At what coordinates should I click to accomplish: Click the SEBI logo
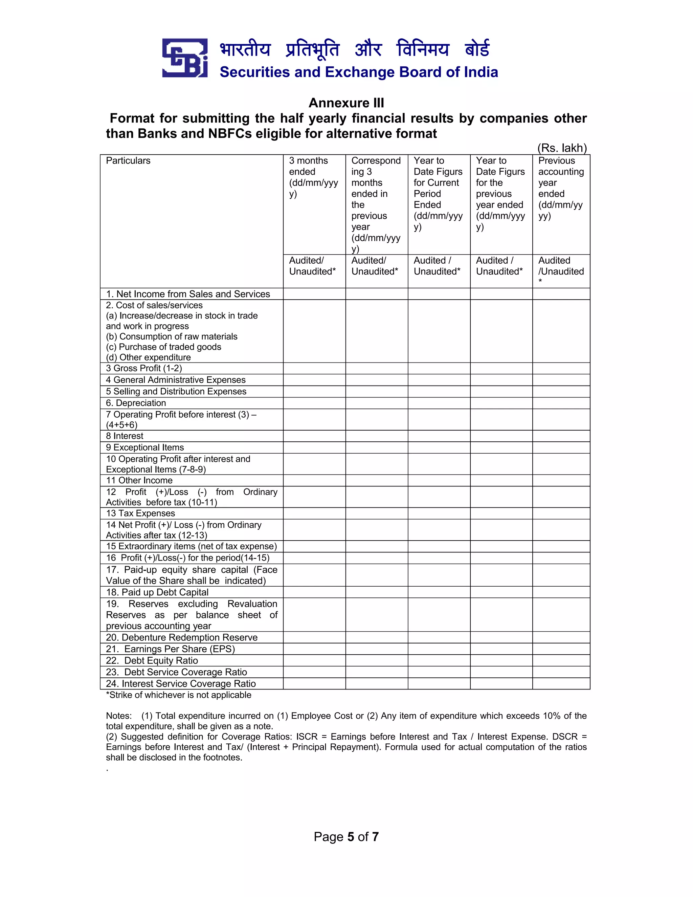point(184,58)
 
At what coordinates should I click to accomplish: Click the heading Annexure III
point(346,103)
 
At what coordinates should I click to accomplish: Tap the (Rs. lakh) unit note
point(562,148)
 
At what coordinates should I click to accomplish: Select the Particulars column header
point(128,160)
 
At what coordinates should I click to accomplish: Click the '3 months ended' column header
point(313,177)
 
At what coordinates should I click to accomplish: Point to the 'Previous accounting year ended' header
point(560,188)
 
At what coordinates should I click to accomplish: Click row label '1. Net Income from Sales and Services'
point(187,294)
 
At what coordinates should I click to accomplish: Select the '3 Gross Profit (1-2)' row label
point(144,368)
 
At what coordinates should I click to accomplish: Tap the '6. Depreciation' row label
point(136,403)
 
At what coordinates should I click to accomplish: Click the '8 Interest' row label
point(125,436)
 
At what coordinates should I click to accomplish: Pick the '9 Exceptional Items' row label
point(145,447)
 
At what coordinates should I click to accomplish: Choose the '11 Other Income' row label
point(139,480)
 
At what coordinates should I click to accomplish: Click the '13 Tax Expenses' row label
point(140,513)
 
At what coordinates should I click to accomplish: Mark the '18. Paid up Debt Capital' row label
point(157,592)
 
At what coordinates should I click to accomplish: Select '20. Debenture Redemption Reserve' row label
point(182,637)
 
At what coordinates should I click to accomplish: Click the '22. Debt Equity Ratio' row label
point(152,660)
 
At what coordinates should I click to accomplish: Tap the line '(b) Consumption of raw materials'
point(172,336)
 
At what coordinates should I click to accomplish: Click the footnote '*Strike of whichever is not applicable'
point(179,695)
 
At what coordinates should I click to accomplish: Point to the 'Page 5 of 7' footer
point(346,837)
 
